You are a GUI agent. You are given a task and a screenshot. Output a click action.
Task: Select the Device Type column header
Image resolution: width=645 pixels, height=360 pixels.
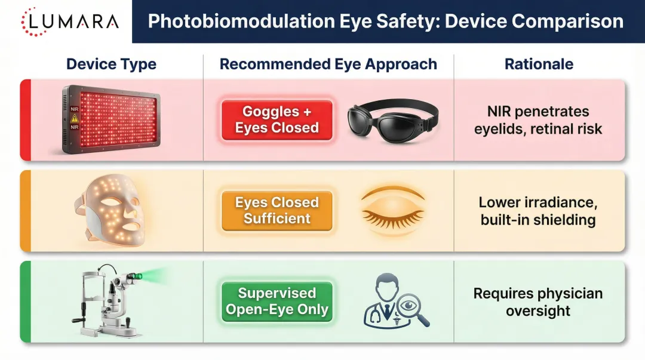[111, 64]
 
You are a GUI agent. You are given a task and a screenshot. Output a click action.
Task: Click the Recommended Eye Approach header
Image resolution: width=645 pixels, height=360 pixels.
[328, 64]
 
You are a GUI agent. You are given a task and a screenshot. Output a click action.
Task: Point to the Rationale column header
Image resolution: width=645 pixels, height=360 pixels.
[539, 64]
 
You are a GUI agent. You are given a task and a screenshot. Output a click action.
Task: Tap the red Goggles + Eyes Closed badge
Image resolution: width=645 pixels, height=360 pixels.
[277, 120]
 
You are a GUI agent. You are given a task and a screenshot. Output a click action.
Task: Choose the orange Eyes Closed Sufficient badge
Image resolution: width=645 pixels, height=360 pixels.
[277, 211]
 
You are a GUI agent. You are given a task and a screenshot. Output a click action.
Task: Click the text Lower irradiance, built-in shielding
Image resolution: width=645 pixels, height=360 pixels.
[538, 211]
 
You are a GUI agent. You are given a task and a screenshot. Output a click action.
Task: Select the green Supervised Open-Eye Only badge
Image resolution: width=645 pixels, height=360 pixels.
[277, 301]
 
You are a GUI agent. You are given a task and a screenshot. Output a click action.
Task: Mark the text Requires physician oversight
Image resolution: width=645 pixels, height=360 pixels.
[538, 302]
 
